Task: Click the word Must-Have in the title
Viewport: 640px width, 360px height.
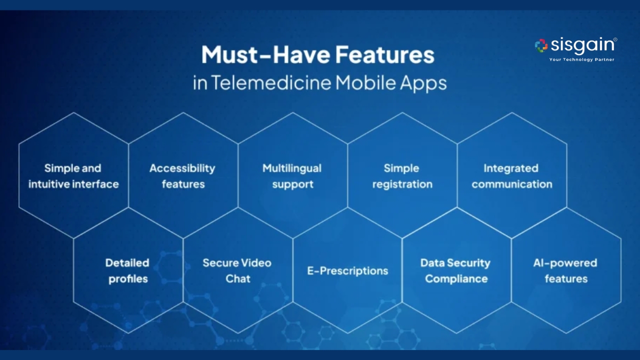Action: click(x=265, y=54)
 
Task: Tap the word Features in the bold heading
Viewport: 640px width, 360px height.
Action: click(x=385, y=54)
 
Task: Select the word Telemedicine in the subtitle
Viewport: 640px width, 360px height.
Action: click(x=271, y=82)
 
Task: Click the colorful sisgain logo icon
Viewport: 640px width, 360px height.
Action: click(x=541, y=45)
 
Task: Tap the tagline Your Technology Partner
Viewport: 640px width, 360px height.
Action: click(x=581, y=59)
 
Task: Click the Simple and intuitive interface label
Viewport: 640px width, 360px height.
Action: click(x=73, y=176)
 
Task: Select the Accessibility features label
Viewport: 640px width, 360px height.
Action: click(x=183, y=176)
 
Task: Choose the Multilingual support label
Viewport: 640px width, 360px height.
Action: click(x=292, y=176)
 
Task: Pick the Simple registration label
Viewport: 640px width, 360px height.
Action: click(x=402, y=176)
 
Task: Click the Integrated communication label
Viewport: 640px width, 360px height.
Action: click(x=511, y=176)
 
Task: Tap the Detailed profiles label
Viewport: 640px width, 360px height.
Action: click(x=127, y=271)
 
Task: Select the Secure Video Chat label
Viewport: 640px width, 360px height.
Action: click(x=237, y=270)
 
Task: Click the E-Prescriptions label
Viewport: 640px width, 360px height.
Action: click(x=347, y=271)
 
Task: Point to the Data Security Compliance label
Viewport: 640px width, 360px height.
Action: click(x=455, y=270)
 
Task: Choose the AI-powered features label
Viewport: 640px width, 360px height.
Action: click(x=565, y=270)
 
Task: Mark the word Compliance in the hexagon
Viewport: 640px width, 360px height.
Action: click(x=456, y=279)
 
